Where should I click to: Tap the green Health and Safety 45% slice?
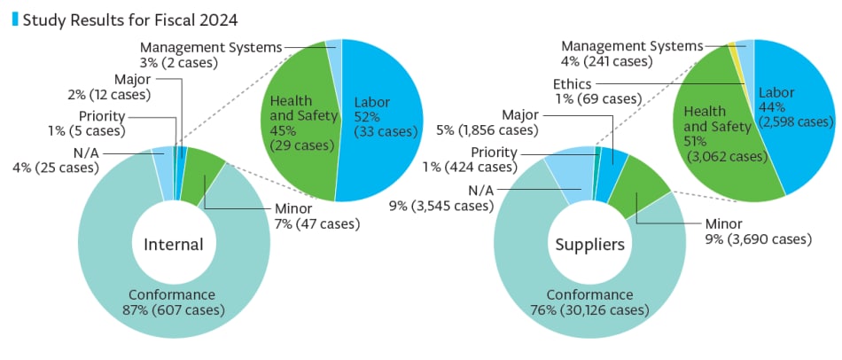[300, 123]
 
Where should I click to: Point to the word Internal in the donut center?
[174, 245]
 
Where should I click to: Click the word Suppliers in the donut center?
[590, 245]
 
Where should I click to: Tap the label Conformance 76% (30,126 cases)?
[589, 302]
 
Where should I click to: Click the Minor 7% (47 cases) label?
[316, 216]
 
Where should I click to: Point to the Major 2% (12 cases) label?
[110, 88]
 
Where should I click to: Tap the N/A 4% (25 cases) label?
[56, 160]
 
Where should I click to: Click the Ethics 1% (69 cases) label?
[597, 91]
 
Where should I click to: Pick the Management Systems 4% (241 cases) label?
[632, 54]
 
